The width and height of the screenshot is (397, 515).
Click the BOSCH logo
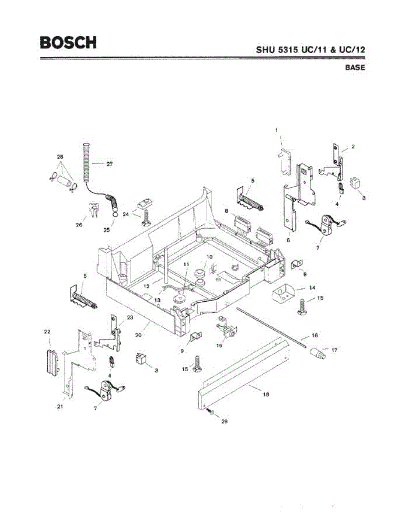(68, 42)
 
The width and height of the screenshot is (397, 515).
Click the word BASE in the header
(355, 68)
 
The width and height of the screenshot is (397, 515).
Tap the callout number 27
(109, 164)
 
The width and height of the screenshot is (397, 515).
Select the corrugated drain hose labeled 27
(87, 161)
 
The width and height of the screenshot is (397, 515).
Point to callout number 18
(266, 394)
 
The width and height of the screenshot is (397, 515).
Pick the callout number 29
(224, 421)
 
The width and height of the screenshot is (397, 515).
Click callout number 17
(334, 350)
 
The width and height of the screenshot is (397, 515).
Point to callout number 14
(312, 288)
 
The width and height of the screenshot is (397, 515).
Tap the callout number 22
(48, 331)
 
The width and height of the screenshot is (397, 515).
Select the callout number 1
(277, 129)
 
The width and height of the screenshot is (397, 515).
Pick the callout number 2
(353, 146)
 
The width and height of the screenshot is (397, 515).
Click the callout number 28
(60, 157)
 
